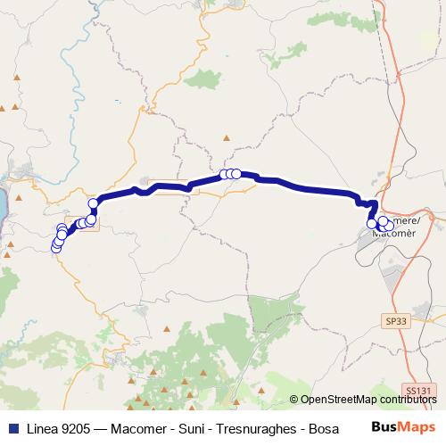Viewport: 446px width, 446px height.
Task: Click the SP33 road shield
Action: [x=395, y=318]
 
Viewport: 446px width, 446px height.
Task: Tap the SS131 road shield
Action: [x=417, y=390]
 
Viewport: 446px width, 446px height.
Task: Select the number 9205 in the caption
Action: [x=79, y=428]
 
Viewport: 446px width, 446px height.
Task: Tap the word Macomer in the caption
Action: [x=145, y=428]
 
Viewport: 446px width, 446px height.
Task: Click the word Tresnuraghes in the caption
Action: [x=262, y=428]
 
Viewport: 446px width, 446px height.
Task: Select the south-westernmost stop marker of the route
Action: [x=56, y=248]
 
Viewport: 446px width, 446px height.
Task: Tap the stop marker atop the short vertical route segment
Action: [x=93, y=204]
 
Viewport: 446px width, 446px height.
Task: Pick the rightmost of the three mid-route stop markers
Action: [x=237, y=174]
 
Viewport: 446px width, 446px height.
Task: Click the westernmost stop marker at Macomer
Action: [x=372, y=224]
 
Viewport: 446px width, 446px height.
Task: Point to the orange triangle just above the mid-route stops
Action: [x=227, y=138]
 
